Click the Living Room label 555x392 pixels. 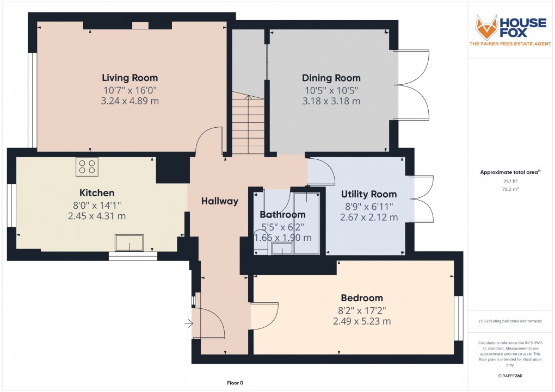point(130,78)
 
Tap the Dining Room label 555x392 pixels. point(332,78)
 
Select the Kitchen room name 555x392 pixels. point(97,193)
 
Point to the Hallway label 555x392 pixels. point(220,201)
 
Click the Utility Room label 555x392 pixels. point(369,194)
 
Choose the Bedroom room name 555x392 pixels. point(362,298)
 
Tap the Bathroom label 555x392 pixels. point(282,215)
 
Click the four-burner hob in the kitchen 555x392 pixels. point(87,166)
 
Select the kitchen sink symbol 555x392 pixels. point(129,242)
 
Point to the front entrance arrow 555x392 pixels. point(189,324)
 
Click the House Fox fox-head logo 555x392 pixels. point(487,27)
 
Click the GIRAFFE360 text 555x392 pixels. point(510,376)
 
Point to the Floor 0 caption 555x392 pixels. point(236,383)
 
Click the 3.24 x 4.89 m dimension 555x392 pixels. point(130,101)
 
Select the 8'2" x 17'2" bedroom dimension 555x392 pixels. point(362,310)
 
